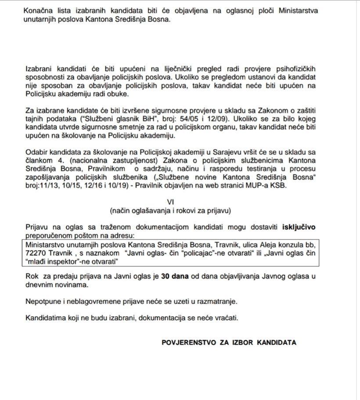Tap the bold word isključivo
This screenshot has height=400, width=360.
click(299, 227)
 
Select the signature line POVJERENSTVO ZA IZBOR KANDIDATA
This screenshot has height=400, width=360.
click(229, 342)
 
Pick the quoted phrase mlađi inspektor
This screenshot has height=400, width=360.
click(50, 261)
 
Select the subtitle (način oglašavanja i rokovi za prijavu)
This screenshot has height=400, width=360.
click(170, 211)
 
